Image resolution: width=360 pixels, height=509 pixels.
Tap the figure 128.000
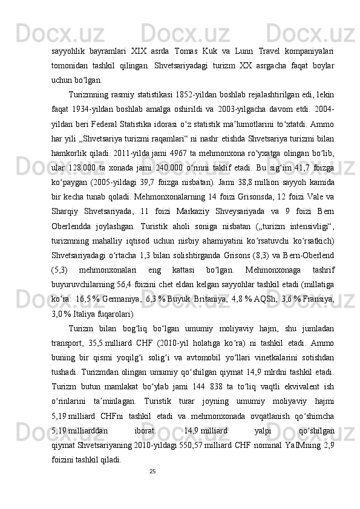click(79, 173)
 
